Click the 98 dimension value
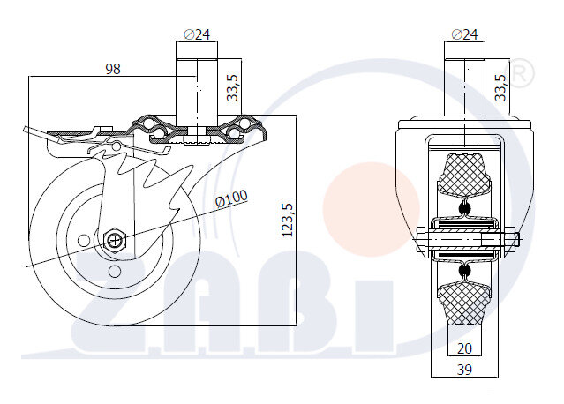(x=111, y=68)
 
